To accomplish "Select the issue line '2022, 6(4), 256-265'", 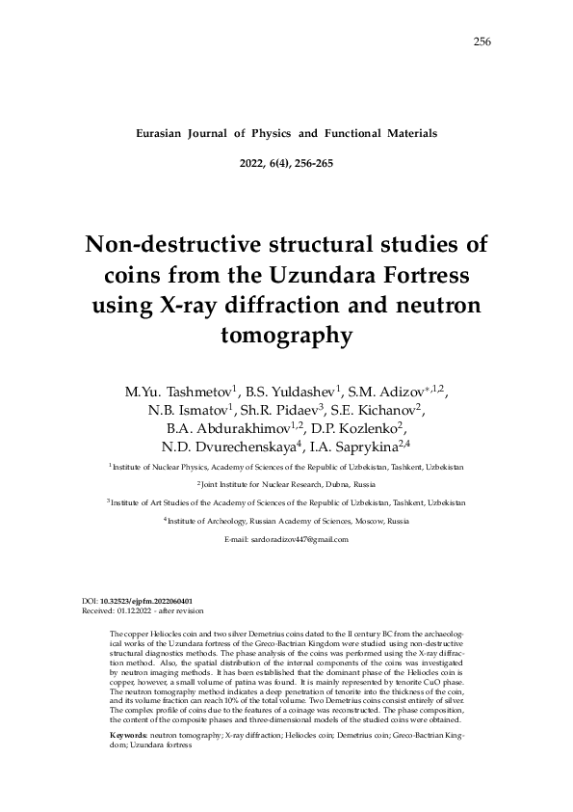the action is click(286, 163).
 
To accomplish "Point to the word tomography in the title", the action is click(286, 338).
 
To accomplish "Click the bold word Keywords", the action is click(128, 735).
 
